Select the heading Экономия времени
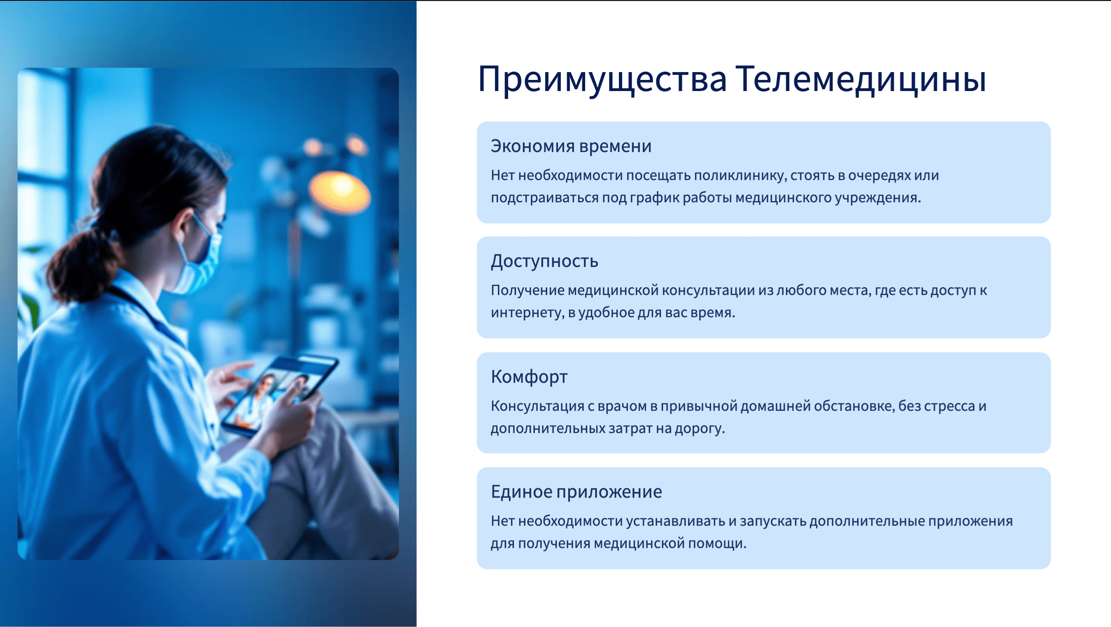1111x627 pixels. [x=571, y=146]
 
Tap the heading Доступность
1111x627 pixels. [x=544, y=261]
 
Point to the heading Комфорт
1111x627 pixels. [x=529, y=377]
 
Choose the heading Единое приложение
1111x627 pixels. [x=576, y=491]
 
